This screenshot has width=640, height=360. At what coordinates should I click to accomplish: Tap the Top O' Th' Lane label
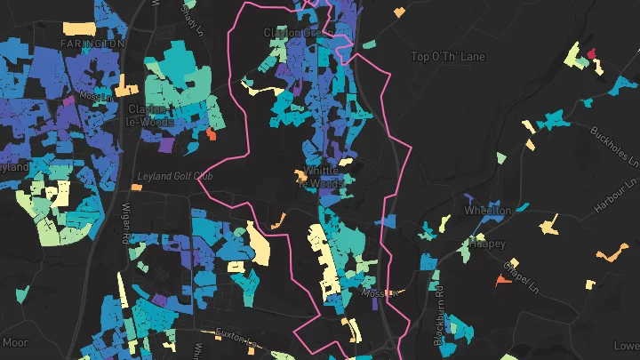448,57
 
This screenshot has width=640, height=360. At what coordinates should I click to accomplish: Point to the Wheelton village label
487,212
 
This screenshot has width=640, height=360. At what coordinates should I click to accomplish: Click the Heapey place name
488,242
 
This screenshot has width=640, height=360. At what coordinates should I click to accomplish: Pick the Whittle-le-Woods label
324,176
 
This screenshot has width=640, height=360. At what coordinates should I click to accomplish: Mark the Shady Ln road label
191,15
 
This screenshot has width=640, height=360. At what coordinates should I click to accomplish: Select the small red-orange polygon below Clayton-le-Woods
211,133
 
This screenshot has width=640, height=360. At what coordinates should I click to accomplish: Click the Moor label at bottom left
16,342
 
